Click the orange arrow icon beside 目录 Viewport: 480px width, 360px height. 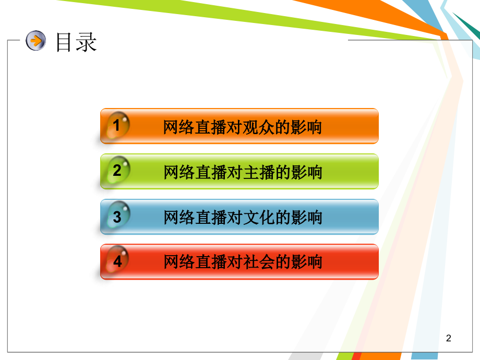click(36, 41)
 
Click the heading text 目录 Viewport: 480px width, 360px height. click(76, 42)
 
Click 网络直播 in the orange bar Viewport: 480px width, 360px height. click(195, 127)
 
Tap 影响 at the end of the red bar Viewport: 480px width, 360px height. click(309, 262)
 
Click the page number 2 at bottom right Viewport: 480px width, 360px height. click(448, 339)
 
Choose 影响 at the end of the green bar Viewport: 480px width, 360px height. click(309, 172)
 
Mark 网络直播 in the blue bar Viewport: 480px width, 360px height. click(195, 217)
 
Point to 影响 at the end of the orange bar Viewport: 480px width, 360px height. click(309, 127)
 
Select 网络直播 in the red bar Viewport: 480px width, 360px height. click(195, 262)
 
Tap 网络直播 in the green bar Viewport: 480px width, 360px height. click(195, 172)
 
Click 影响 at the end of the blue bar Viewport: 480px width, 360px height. click(309, 217)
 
